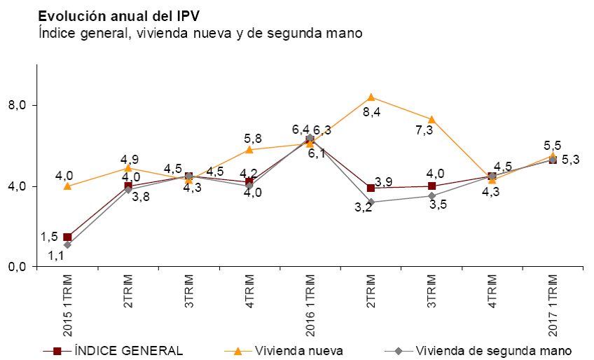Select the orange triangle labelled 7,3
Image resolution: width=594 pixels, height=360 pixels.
pos(431,119)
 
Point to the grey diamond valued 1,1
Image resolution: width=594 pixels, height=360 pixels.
pos(67,244)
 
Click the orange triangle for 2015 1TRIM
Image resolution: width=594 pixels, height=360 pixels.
pos(67,186)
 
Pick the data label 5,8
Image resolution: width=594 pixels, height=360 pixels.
pos(250,138)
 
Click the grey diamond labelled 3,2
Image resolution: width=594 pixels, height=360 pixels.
pos(371,202)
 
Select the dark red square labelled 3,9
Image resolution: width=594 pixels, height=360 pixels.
pos(371,188)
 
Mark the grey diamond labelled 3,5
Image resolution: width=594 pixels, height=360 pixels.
pos(431,196)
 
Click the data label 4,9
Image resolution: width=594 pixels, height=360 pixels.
pos(129,158)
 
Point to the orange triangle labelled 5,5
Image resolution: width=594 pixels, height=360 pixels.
pos(553,155)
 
